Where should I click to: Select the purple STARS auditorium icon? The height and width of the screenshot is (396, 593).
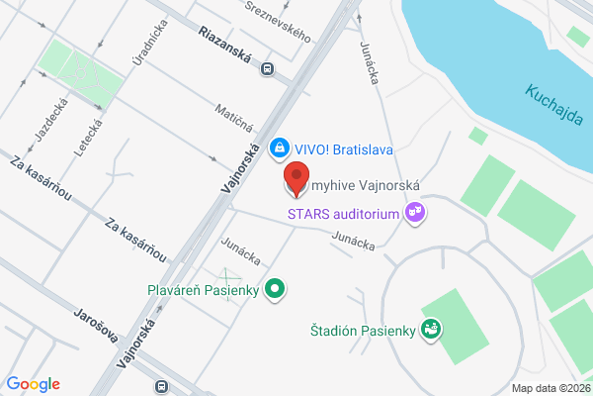415,212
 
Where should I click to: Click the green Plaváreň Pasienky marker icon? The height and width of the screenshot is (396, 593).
279,290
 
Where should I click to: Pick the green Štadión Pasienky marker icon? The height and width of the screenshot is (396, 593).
430,329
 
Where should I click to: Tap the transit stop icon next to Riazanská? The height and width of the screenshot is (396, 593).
266,68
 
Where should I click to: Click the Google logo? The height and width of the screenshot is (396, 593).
33,384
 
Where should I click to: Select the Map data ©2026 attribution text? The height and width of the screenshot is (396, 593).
550,387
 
